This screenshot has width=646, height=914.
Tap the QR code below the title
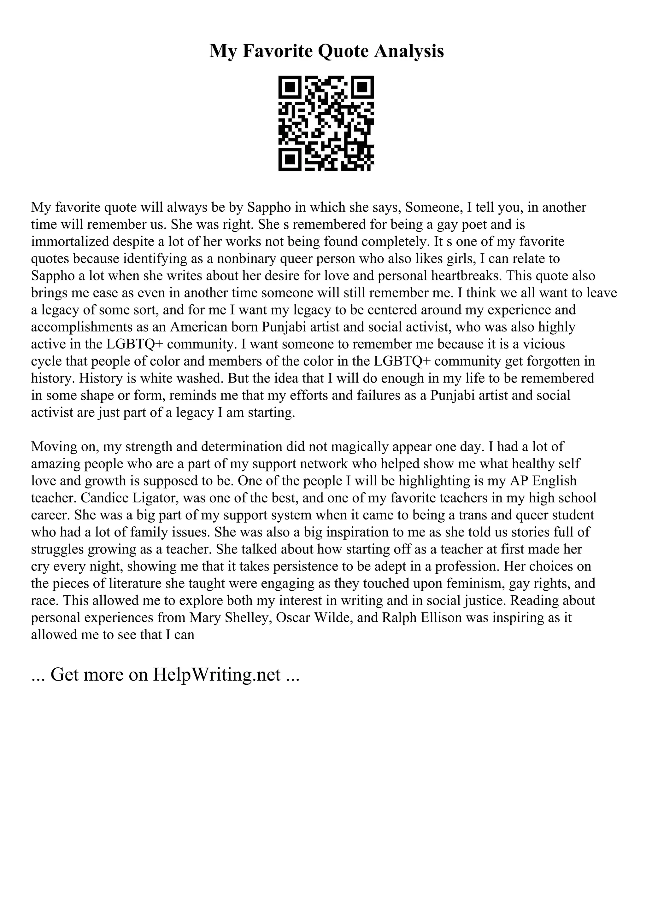coord(326,123)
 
